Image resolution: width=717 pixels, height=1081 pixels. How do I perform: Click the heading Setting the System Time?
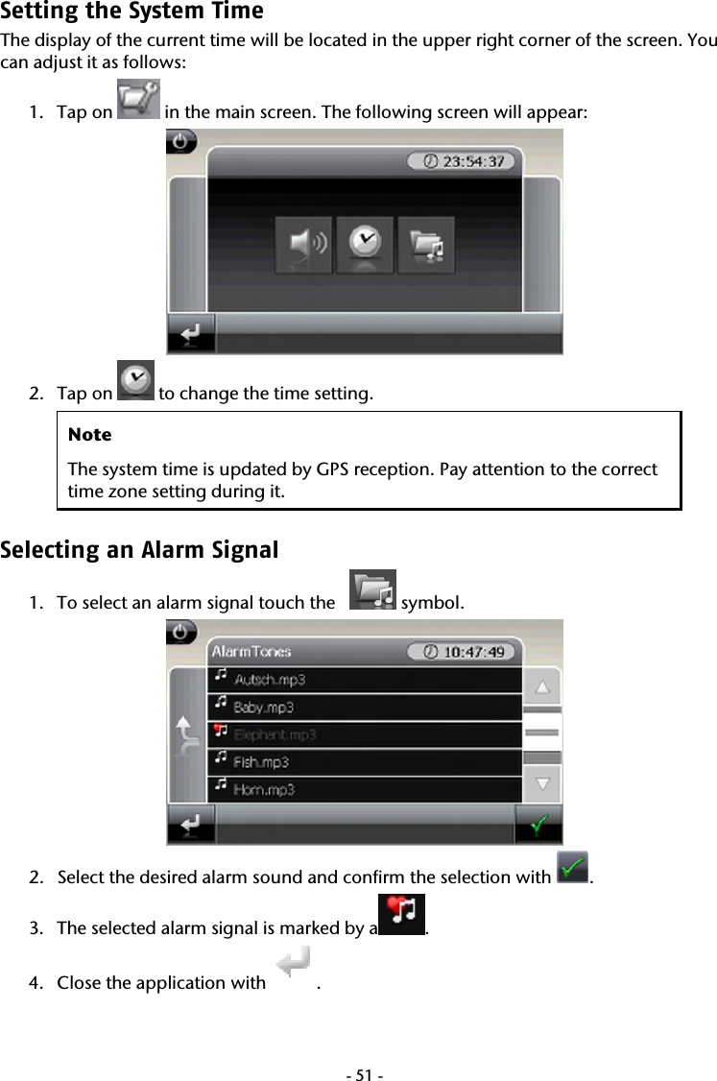pos(131,12)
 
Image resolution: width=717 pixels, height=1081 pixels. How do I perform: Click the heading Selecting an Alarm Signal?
pos(139,551)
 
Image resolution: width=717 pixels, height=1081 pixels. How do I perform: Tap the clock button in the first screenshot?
pos(365,246)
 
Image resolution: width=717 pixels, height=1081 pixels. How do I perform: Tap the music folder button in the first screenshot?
pos(426,246)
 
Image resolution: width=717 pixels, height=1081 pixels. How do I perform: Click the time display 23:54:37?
pos(463,161)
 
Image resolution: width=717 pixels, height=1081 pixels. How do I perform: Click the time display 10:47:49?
pos(463,652)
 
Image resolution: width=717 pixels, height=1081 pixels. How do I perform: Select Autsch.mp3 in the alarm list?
pos(270,680)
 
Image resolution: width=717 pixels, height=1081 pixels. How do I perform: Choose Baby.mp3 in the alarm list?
pos(264,708)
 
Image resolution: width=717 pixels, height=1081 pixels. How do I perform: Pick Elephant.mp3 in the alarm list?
pos(275,734)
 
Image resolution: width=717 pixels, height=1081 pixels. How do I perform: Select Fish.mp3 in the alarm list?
pos(261,762)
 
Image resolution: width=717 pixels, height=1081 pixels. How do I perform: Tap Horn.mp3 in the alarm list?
pos(264,789)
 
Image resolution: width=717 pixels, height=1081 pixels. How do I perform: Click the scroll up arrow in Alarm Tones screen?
pos(543,686)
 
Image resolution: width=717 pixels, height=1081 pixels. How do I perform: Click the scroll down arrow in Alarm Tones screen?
pos(543,782)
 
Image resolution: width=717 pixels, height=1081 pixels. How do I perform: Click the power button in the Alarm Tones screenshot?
pos(182,634)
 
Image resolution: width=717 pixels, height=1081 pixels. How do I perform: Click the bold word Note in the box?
pos(89,435)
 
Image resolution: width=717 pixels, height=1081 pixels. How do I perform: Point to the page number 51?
pos(358,1067)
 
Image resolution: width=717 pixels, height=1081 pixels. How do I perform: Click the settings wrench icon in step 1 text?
pos(137,100)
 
